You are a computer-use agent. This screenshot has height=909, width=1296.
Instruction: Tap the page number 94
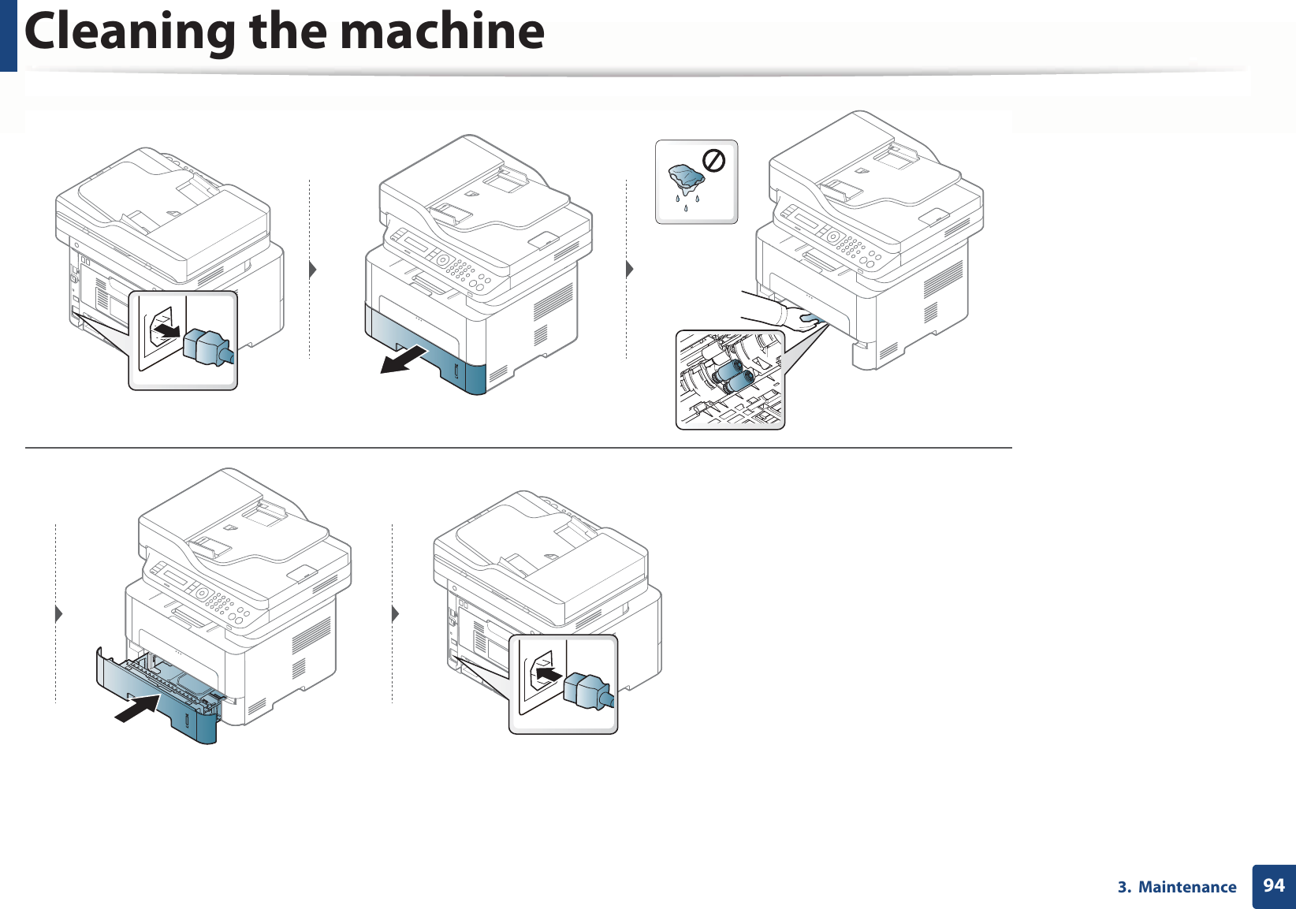coord(1274,886)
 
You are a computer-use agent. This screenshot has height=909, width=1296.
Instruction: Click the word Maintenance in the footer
coord(1187,888)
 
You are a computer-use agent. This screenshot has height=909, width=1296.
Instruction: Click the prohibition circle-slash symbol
coord(713,162)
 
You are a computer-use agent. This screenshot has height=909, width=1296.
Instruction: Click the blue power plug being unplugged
coord(207,348)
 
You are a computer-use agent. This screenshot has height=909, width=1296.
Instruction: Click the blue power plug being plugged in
coord(589,691)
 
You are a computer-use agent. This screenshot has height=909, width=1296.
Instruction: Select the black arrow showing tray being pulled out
coord(404,360)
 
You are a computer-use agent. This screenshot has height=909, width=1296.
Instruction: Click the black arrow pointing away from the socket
coord(166,328)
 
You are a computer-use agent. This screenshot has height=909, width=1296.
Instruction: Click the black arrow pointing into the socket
coord(549,674)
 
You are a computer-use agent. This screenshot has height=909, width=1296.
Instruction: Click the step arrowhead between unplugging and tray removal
coord(313,270)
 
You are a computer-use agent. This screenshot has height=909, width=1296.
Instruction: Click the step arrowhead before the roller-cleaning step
coord(630,270)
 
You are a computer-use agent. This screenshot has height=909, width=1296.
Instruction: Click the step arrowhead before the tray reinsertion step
coord(59,613)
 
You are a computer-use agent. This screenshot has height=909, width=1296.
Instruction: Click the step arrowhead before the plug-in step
coord(396,613)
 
